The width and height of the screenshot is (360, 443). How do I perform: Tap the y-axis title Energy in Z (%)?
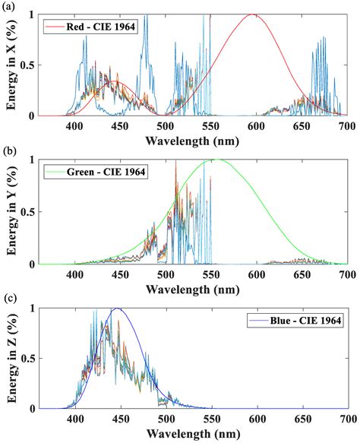tap(12, 358)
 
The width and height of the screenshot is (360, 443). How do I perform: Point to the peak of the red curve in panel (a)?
tap(253, 14)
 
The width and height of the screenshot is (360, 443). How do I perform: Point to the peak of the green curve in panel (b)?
tap(217, 160)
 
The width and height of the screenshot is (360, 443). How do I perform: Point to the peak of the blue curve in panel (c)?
tap(117, 309)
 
